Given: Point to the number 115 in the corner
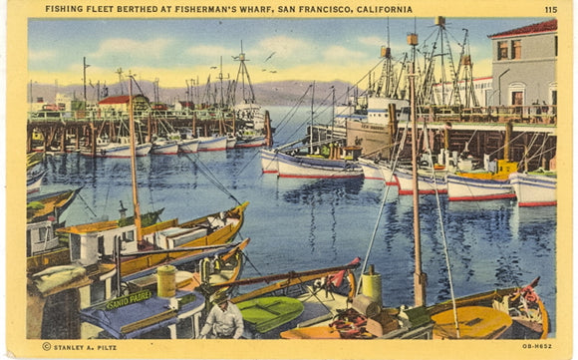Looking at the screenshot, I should (x=550, y=10).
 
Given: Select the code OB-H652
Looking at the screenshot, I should (x=538, y=346).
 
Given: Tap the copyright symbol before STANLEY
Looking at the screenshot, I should (x=46, y=346).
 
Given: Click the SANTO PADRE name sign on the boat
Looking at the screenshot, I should (x=129, y=298).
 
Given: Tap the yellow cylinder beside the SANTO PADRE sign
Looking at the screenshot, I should (x=166, y=281).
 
